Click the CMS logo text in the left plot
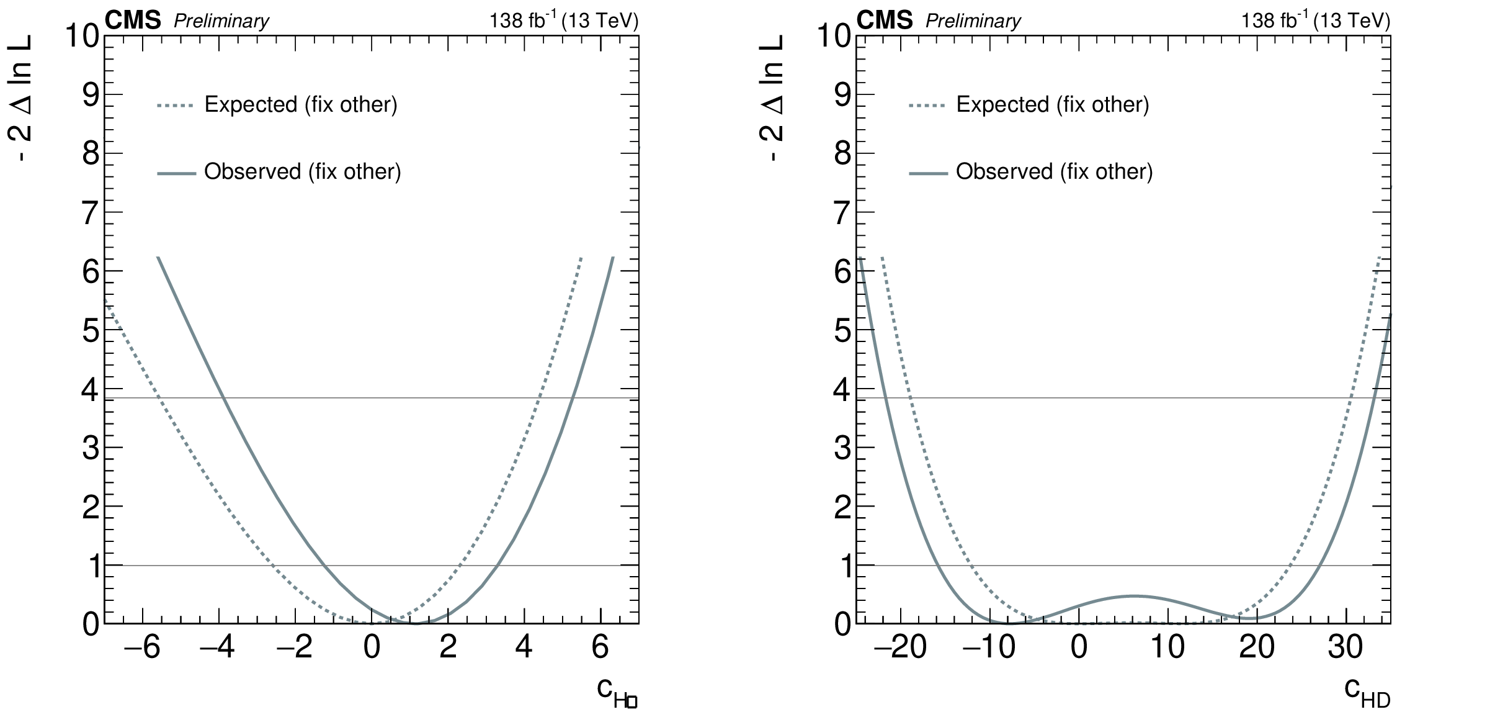[x=133, y=21]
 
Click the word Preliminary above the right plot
[x=973, y=22]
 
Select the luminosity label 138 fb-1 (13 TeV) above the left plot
[x=563, y=21]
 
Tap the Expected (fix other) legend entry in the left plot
[x=300, y=104]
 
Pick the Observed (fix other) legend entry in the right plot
[x=1053, y=171]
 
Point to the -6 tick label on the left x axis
[x=142, y=647]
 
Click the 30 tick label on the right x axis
[x=1345, y=647]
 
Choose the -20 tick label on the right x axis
[x=900, y=647]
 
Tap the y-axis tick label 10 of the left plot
[x=82, y=36]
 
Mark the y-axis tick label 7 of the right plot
[x=842, y=213]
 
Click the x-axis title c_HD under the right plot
[x=1367, y=692]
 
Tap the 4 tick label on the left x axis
[x=524, y=647]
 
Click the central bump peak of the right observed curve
[x=1134, y=596]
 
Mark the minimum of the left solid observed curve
[x=416, y=623]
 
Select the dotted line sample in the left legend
[x=176, y=106]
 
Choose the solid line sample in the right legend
[x=928, y=173]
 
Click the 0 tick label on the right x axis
[x=1079, y=647]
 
